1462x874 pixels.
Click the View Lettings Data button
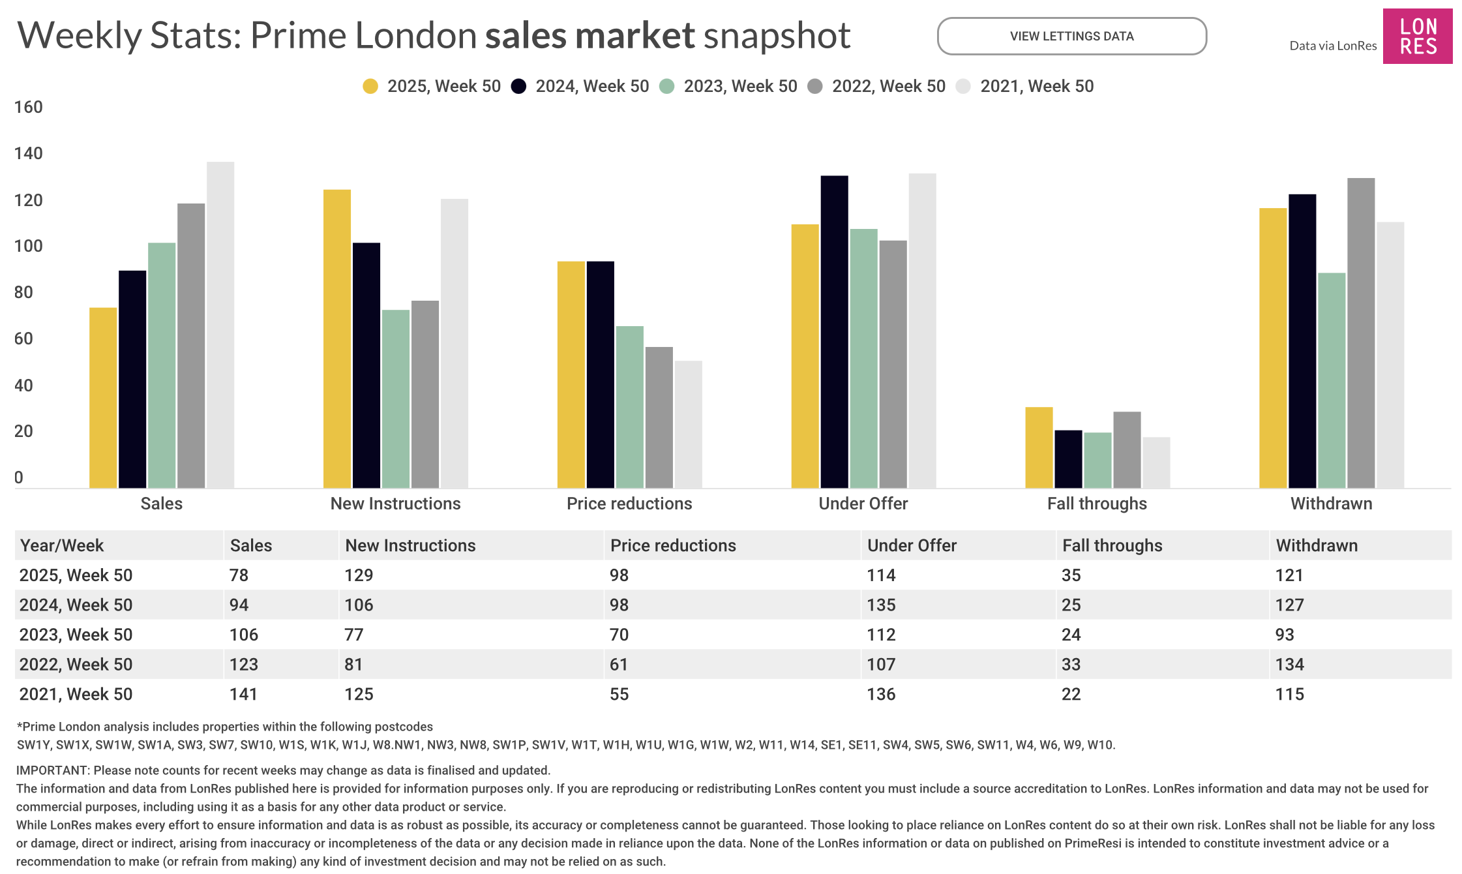[1071, 37]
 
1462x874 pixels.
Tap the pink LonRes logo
[1417, 37]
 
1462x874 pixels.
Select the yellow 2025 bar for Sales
[103, 397]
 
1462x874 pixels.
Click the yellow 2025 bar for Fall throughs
[1039, 447]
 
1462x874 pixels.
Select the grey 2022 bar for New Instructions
[425, 394]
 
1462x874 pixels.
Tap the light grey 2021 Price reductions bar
[688, 424]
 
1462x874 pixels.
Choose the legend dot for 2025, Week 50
[370, 86]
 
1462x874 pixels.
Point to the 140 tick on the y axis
[28, 153]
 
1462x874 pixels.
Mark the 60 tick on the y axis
[23, 339]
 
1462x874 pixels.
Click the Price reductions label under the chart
[629, 504]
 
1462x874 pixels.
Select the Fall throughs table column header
[1112, 545]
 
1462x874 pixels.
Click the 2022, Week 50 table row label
[76, 664]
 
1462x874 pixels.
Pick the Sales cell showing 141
[243, 694]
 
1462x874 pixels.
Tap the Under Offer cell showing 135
[881, 605]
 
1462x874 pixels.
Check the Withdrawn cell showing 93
[1285, 635]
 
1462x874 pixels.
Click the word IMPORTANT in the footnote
[52, 770]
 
